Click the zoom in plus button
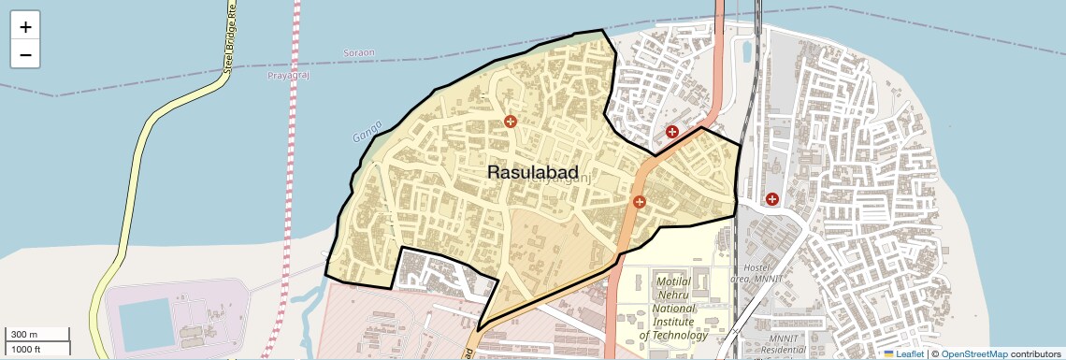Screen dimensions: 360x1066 tap(25, 27)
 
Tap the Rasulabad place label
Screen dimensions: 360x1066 tap(532, 173)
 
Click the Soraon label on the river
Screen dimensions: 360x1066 tap(358, 51)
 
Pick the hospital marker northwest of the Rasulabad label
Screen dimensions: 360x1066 tap(510, 122)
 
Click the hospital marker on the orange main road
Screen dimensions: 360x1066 tap(640, 201)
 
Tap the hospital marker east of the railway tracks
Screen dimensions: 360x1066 tap(772, 198)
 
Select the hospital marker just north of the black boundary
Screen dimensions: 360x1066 tap(671, 132)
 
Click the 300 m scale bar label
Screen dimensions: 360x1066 tap(24, 335)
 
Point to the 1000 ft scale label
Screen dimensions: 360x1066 tap(26, 349)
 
